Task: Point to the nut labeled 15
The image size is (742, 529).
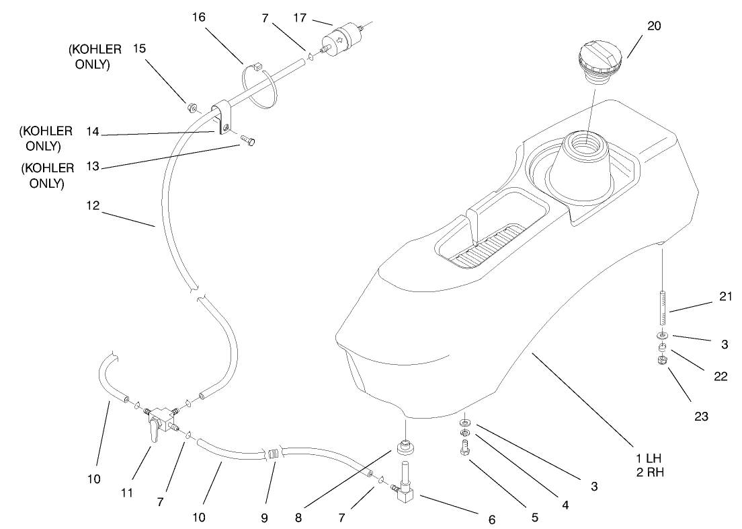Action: [x=191, y=106]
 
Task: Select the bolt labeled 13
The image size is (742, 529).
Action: [x=249, y=141]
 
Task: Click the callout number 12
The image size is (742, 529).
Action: [x=92, y=207]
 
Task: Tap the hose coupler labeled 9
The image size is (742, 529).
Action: [x=273, y=454]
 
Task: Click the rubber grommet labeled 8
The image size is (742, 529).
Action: [x=405, y=446]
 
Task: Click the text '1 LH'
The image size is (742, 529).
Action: [x=649, y=458]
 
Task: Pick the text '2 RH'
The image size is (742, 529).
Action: [x=649, y=470]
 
